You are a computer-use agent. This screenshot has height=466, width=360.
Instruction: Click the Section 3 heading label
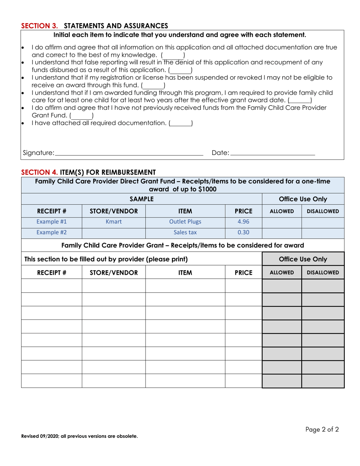[x=94, y=26]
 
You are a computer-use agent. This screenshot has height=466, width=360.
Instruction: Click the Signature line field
[x=129, y=153]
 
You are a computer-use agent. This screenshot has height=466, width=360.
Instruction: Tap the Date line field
[x=272, y=153]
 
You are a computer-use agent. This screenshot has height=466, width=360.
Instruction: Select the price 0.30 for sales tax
[x=243, y=233]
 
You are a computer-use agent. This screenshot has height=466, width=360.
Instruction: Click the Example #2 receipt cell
[x=52, y=233]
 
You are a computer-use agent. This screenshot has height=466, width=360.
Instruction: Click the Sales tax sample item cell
[x=185, y=233]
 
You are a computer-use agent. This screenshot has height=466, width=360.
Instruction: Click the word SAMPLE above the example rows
[x=141, y=199]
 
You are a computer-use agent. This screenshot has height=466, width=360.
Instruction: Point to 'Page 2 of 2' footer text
[x=322, y=430]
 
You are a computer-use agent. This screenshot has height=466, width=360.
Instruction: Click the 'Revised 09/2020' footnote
[x=79, y=436]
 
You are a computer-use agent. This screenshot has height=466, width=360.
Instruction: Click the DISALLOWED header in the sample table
[x=322, y=211]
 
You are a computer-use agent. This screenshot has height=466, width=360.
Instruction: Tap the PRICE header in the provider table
[x=243, y=272]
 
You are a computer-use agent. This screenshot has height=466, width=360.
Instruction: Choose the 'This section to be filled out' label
[x=106, y=260]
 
